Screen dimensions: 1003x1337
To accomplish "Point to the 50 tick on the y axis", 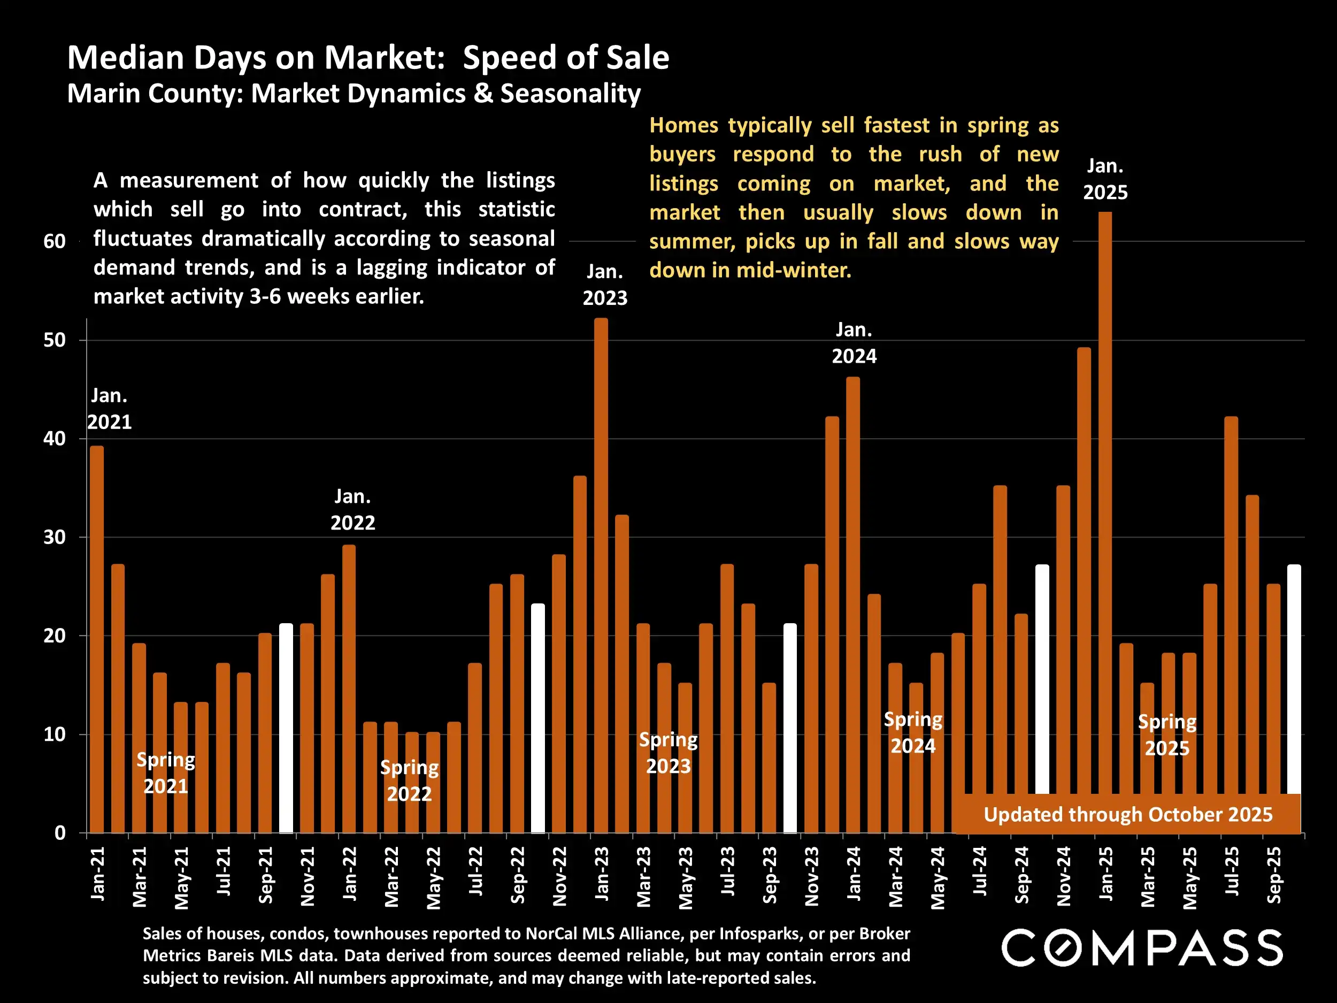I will coord(55,340).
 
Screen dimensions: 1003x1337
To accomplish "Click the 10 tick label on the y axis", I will coord(55,734).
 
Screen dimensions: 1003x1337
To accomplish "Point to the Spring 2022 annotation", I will coord(409,780).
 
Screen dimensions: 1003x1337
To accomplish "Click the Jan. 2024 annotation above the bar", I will coord(854,343).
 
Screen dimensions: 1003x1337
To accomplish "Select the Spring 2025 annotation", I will coord(1166,734).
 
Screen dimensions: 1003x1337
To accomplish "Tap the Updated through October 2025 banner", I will coord(1128,814).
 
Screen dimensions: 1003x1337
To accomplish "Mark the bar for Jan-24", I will coord(853,604).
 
